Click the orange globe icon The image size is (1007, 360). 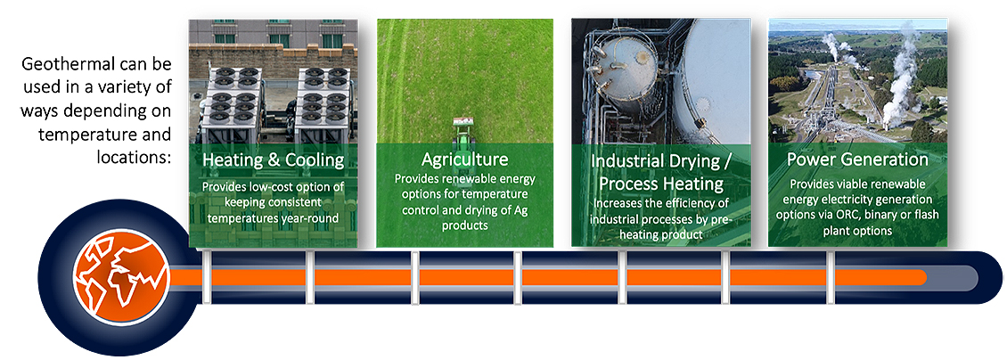pos(121,277)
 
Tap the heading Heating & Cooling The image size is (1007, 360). pos(273,160)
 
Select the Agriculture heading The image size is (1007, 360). pos(464,159)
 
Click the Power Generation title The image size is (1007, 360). pos(857,160)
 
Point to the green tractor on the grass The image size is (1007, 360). pos(463,129)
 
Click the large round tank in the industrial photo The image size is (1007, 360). pos(716,77)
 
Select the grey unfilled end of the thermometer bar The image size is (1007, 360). pos(952,278)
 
